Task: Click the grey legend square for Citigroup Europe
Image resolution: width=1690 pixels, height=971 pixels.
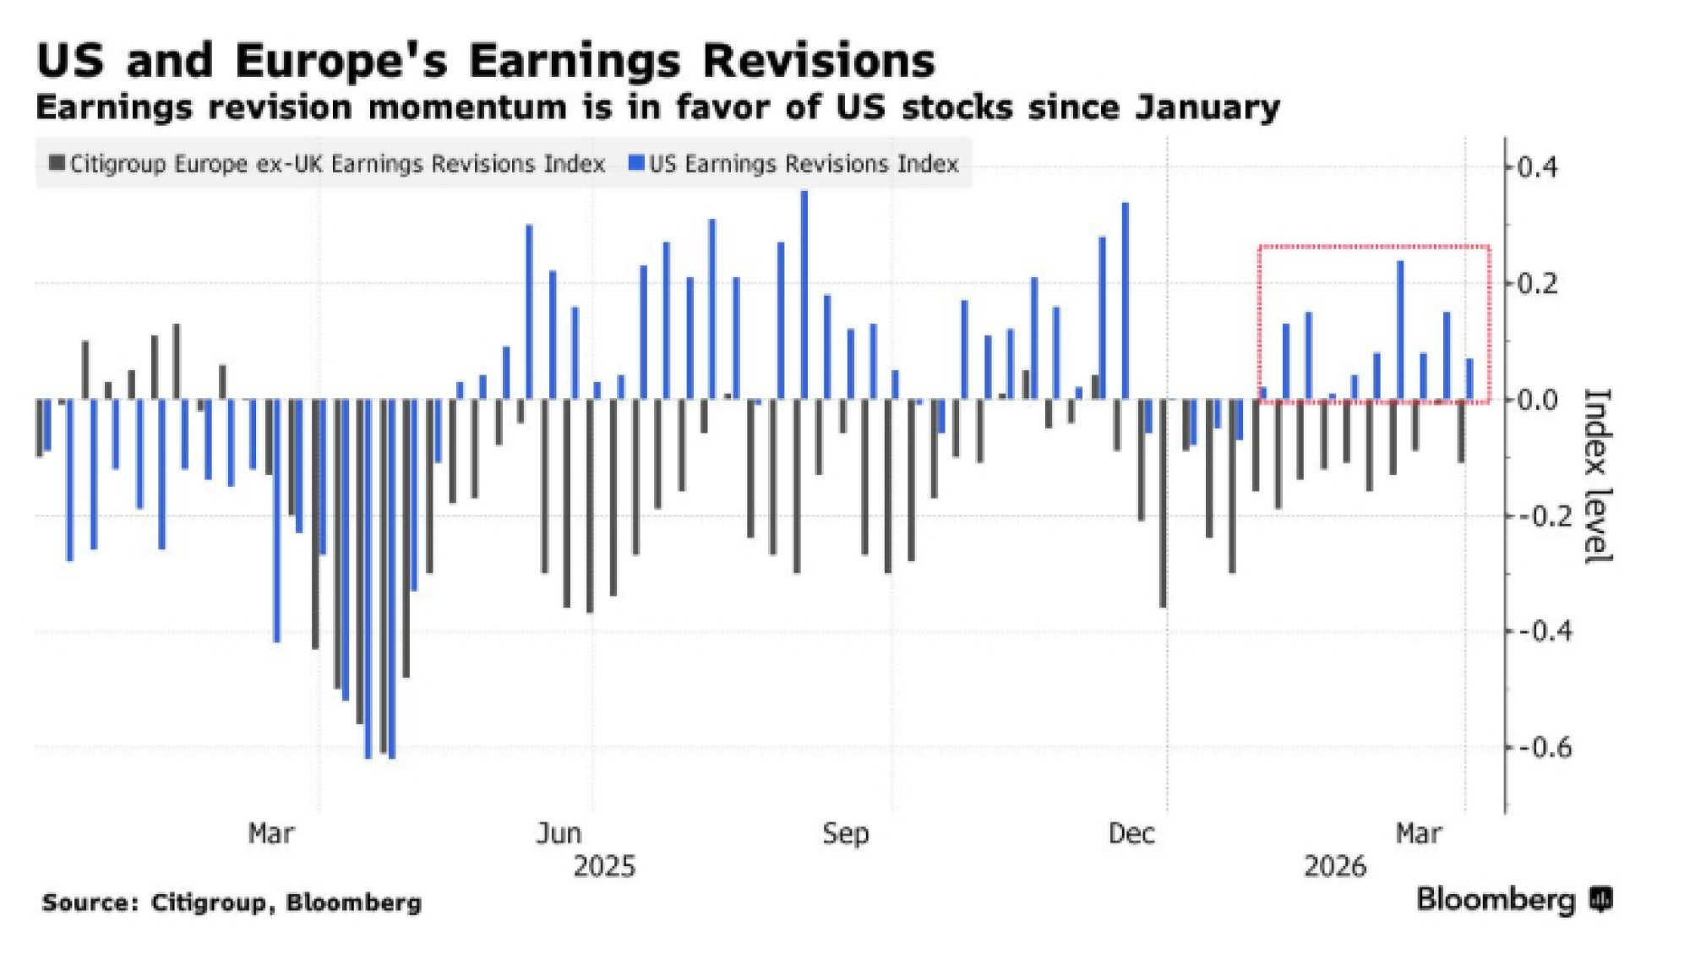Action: pyautogui.click(x=57, y=162)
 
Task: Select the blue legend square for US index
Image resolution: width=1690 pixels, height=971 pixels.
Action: pyautogui.click(x=636, y=162)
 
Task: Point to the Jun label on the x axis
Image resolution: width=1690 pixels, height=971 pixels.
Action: pyautogui.click(x=559, y=834)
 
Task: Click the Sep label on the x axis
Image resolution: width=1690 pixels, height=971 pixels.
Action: pyautogui.click(x=845, y=834)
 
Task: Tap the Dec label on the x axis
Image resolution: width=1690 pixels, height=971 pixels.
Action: pyautogui.click(x=1131, y=834)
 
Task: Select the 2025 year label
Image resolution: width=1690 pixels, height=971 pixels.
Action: pyautogui.click(x=604, y=867)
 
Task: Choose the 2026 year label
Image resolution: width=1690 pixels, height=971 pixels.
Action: pyautogui.click(x=1335, y=867)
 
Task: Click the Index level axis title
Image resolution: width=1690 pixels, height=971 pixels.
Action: pyautogui.click(x=1597, y=476)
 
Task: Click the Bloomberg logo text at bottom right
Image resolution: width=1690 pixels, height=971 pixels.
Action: pyautogui.click(x=1496, y=899)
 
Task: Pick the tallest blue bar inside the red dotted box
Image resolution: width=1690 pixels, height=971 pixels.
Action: pyautogui.click(x=1400, y=330)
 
